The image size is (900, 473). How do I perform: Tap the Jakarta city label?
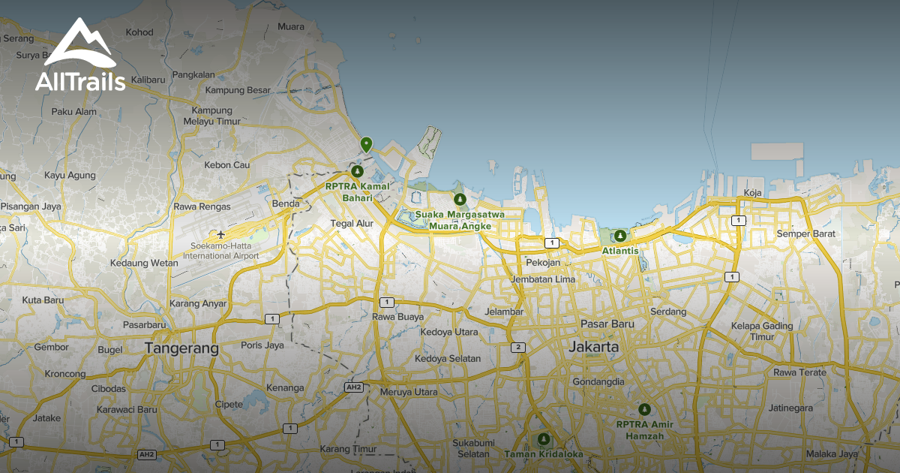pyautogui.click(x=594, y=347)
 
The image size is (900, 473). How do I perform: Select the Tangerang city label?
pyautogui.click(x=181, y=348)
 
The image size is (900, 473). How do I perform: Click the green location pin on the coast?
pyautogui.click(x=366, y=144)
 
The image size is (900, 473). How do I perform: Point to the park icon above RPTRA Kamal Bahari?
pyautogui.click(x=356, y=172)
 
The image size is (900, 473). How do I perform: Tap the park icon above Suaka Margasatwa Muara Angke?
pyautogui.click(x=460, y=199)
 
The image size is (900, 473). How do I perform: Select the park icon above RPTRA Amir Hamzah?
pyautogui.click(x=644, y=409)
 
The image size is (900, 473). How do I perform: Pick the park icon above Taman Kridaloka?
pyautogui.click(x=543, y=439)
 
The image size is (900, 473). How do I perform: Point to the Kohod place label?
pyautogui.click(x=139, y=32)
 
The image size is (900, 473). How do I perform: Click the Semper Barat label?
pyautogui.click(x=805, y=233)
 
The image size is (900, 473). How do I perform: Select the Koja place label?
pyautogui.click(x=752, y=193)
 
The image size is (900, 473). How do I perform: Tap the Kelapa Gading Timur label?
pyautogui.click(x=762, y=331)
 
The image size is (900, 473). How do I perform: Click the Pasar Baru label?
pyautogui.click(x=607, y=324)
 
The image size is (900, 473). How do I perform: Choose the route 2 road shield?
pyautogui.click(x=517, y=347)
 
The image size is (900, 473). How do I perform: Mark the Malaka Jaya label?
pyautogui.click(x=831, y=453)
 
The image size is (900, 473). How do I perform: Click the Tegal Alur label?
pyautogui.click(x=352, y=223)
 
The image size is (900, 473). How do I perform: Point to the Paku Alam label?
pyautogui.click(x=74, y=112)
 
